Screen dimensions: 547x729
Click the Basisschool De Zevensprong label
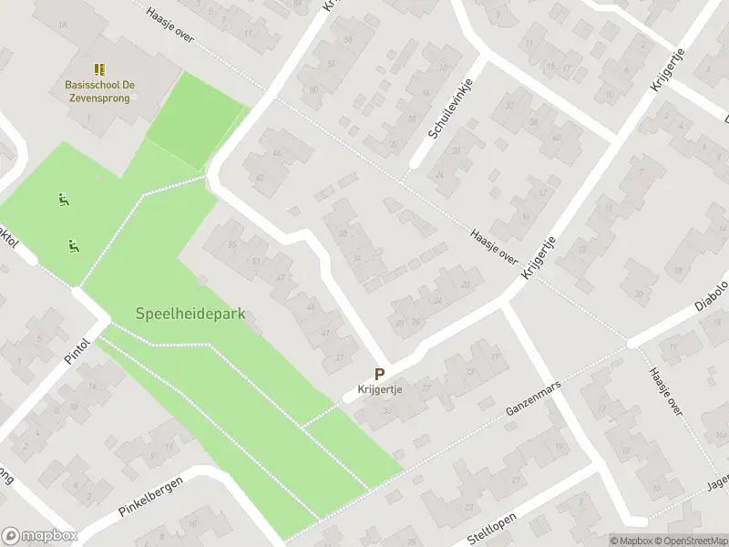tap(100, 90)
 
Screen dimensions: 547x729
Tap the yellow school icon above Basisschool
tap(99, 69)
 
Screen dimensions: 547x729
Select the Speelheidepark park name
tap(190, 314)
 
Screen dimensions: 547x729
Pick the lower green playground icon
tap(72, 244)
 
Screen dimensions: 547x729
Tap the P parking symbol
tap(379, 374)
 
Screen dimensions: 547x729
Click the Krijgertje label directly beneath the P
tap(379, 390)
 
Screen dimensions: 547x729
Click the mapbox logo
tap(39, 536)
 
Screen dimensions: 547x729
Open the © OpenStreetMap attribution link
tap(695, 541)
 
